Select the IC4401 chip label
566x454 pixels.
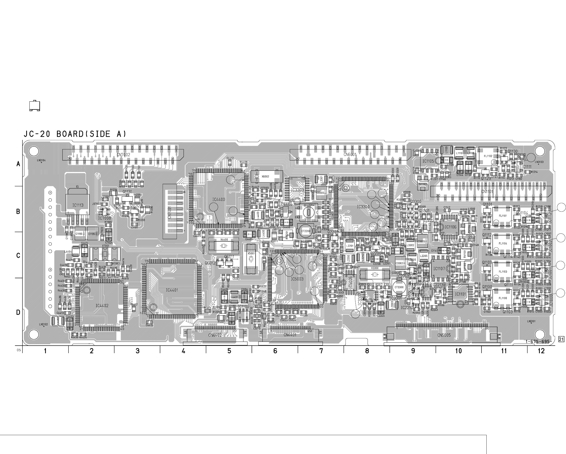172,290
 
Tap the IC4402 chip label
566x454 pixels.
102,305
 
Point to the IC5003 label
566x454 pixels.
297,279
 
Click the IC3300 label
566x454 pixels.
363,207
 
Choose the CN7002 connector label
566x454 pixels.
123,155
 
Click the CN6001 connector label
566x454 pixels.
350,155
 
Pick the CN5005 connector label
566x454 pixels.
444,335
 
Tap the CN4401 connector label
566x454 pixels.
290,335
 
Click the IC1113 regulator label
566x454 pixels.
78,205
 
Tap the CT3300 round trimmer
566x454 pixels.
399,287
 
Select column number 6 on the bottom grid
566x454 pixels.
275,351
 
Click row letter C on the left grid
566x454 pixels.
18,255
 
